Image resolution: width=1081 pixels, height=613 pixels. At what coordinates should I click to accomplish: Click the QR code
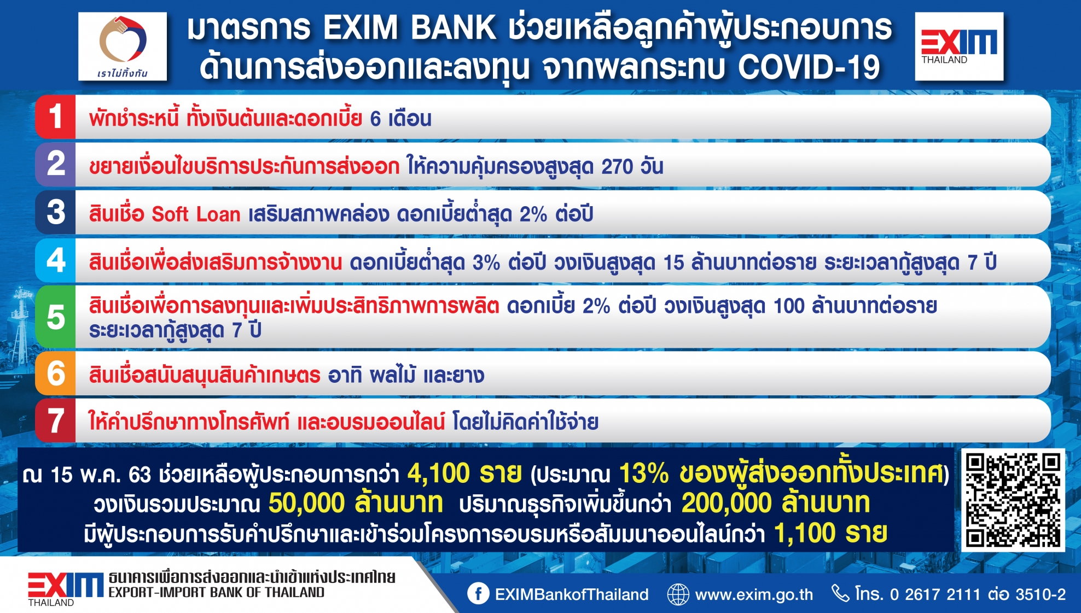[x=1013, y=500]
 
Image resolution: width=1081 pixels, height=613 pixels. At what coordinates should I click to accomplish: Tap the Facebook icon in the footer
[x=478, y=594]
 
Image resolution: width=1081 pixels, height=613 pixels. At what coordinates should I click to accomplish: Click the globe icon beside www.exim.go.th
[x=678, y=594]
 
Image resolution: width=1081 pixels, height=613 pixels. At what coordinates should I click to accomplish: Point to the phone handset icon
[x=840, y=593]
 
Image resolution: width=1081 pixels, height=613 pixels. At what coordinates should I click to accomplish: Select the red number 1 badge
[x=55, y=116]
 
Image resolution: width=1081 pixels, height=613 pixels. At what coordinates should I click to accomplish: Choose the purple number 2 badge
[x=55, y=164]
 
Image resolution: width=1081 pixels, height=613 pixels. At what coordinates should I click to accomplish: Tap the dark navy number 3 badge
[x=55, y=212]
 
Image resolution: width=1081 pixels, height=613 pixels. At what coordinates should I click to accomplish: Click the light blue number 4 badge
[x=55, y=260]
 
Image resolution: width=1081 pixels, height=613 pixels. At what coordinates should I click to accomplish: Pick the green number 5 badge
[x=55, y=317]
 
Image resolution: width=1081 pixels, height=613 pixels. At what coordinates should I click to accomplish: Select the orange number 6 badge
[x=55, y=373]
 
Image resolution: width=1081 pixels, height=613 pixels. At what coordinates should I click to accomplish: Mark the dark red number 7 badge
[x=55, y=421]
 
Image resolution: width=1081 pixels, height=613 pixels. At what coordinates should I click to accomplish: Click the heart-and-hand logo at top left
[x=123, y=46]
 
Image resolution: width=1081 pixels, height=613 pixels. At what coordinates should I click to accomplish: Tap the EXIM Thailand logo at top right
[x=960, y=46]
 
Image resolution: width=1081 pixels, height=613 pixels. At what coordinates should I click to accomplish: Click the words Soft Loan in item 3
[x=196, y=214]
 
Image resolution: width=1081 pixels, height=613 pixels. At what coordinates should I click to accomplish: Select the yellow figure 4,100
[x=439, y=473]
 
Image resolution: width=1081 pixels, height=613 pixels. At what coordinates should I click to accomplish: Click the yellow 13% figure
[x=644, y=473]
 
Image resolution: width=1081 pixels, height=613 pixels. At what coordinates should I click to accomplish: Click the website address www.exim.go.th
[x=754, y=594]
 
